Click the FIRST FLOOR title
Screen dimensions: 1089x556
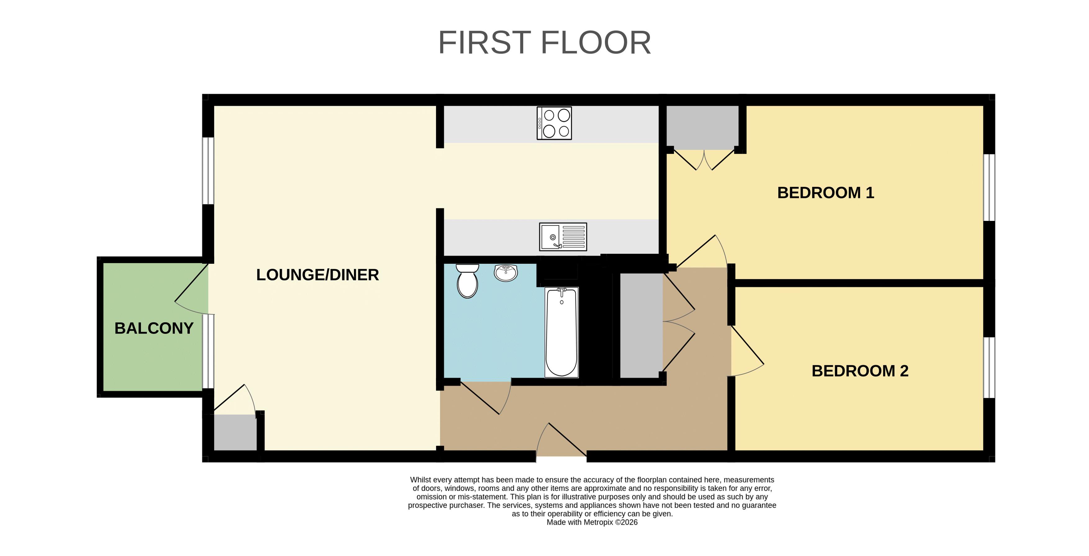pyautogui.click(x=545, y=43)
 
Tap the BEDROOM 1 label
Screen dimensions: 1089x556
pyautogui.click(x=826, y=193)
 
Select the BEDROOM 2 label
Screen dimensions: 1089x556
pyautogui.click(x=860, y=371)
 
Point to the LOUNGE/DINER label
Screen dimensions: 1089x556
pyautogui.click(x=317, y=275)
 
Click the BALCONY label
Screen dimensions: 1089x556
pyautogui.click(x=154, y=328)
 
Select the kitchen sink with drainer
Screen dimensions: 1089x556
pyautogui.click(x=563, y=237)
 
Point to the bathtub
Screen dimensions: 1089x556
pyautogui.click(x=561, y=332)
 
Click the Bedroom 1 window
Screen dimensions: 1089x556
pyautogui.click(x=989, y=187)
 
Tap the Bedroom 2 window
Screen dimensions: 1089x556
pyautogui.click(x=989, y=367)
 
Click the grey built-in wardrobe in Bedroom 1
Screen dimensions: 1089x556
pyautogui.click(x=702, y=127)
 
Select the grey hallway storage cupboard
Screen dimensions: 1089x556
pyautogui.click(x=641, y=325)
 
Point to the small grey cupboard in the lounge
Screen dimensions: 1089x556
pyautogui.click(x=235, y=432)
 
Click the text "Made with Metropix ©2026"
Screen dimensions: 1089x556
pyautogui.click(x=592, y=522)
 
